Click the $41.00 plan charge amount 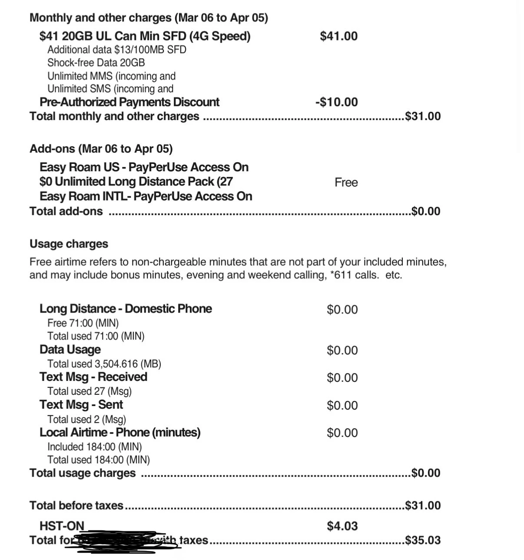338,36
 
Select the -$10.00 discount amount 337,102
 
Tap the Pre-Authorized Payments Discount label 129,102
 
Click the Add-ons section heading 101,149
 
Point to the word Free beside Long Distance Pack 346,182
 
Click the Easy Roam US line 144,167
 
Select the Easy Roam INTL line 146,197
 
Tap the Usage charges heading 69,244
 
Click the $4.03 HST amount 342,526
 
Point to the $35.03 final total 423,540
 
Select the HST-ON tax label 62,526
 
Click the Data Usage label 70,350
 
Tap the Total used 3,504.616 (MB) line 104,363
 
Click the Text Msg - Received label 93,377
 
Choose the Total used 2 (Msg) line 86,419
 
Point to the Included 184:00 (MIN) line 94,447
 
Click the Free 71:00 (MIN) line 83,323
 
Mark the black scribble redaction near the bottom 124,540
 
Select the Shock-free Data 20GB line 96,63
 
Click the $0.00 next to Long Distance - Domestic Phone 342,310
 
